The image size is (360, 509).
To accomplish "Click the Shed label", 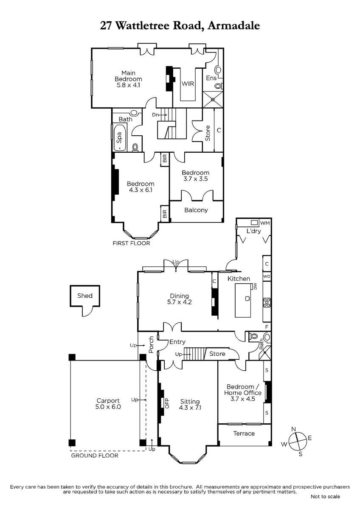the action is coord(84,296).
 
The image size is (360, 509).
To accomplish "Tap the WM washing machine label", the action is coord(265,223).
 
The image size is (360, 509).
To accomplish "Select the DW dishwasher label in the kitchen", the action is coord(255,287).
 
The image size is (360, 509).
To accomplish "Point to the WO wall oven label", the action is coord(267,277).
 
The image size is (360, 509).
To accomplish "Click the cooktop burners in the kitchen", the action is coord(267,302).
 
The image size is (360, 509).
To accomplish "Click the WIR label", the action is coord(188,84).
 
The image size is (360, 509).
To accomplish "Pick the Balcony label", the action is coord(196,210).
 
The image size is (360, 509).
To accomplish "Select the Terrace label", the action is coord(244,433).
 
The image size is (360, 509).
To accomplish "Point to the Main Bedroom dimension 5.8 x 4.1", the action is coord(128,85).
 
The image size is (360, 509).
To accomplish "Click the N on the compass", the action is coord(293,429).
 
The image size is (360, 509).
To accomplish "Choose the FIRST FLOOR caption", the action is coord(131,243).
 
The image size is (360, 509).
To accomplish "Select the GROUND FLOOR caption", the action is coord(95,456).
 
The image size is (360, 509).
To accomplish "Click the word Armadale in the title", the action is coord(234,26).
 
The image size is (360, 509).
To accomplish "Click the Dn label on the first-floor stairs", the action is coord(155,115).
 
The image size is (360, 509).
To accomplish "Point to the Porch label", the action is coord(151,345).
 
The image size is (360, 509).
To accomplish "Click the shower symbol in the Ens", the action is coord(213,99).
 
